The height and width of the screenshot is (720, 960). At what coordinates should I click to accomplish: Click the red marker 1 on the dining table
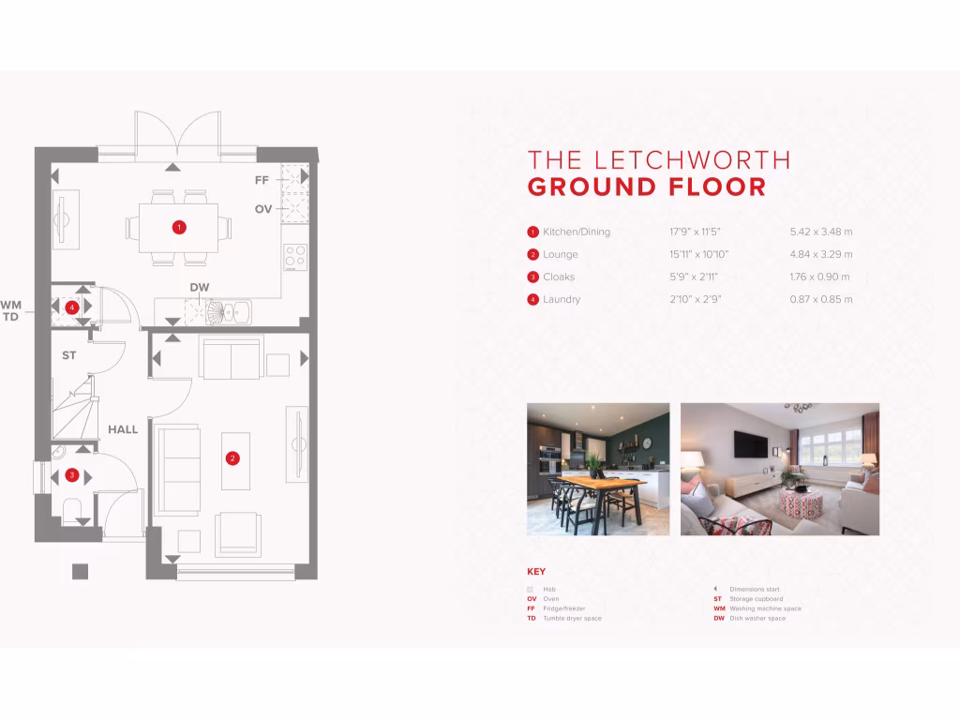pos(178,227)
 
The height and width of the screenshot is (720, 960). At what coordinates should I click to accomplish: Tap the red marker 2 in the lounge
pos(232,457)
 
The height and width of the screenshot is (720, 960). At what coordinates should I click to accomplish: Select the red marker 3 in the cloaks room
pos(73,475)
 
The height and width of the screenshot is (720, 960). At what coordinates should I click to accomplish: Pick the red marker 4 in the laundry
pos(72,307)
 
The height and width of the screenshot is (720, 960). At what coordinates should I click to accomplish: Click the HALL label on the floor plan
pos(123,429)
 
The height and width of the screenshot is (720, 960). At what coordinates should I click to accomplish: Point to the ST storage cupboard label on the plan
pos(69,355)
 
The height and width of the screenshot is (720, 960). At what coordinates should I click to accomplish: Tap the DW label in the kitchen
pos(199,287)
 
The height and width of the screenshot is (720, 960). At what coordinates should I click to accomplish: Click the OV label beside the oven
pos(263,209)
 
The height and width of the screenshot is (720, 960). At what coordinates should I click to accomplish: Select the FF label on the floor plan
pos(262,179)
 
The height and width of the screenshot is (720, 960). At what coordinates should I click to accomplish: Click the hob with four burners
pos(295,256)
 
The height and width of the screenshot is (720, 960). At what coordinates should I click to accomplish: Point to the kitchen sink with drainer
pos(229,311)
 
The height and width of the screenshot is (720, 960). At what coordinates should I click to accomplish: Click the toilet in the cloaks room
pos(73,512)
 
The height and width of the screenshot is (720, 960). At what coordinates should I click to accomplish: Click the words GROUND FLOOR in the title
pos(646,187)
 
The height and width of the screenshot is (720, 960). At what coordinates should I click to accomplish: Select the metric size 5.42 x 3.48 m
pos(820,232)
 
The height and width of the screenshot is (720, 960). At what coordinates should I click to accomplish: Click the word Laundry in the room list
pos(562,299)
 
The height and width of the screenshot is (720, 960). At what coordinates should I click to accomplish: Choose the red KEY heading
pos(536,572)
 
